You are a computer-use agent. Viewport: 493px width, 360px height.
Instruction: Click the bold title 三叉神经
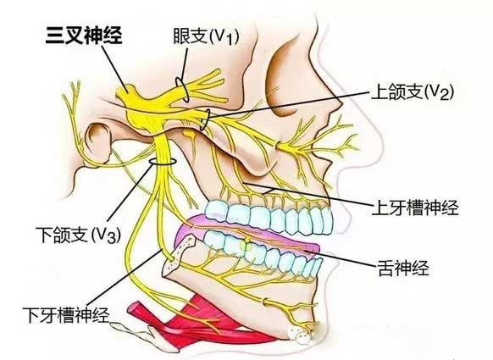84,36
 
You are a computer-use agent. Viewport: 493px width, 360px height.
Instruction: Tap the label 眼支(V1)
206,36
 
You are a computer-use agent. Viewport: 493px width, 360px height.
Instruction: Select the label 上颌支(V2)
413,91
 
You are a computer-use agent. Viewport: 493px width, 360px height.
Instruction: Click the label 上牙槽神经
415,207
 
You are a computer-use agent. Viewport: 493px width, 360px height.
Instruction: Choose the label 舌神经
403,268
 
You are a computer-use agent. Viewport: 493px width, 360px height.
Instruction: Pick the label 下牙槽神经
66,314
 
